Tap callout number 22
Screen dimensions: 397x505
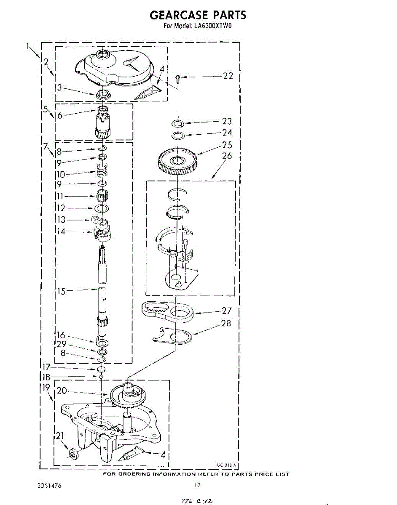(x=228, y=76)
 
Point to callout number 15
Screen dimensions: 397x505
(x=62, y=290)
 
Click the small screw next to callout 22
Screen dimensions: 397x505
(x=178, y=78)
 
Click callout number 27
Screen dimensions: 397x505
(x=227, y=311)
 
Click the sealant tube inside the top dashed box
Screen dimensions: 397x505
(x=146, y=93)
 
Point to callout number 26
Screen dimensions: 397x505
(x=227, y=156)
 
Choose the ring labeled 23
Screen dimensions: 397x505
(x=177, y=123)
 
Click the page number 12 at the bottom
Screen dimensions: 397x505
(x=196, y=485)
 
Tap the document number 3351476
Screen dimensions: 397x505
(x=50, y=486)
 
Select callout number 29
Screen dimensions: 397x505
(x=61, y=344)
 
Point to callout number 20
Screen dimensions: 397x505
(x=62, y=391)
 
